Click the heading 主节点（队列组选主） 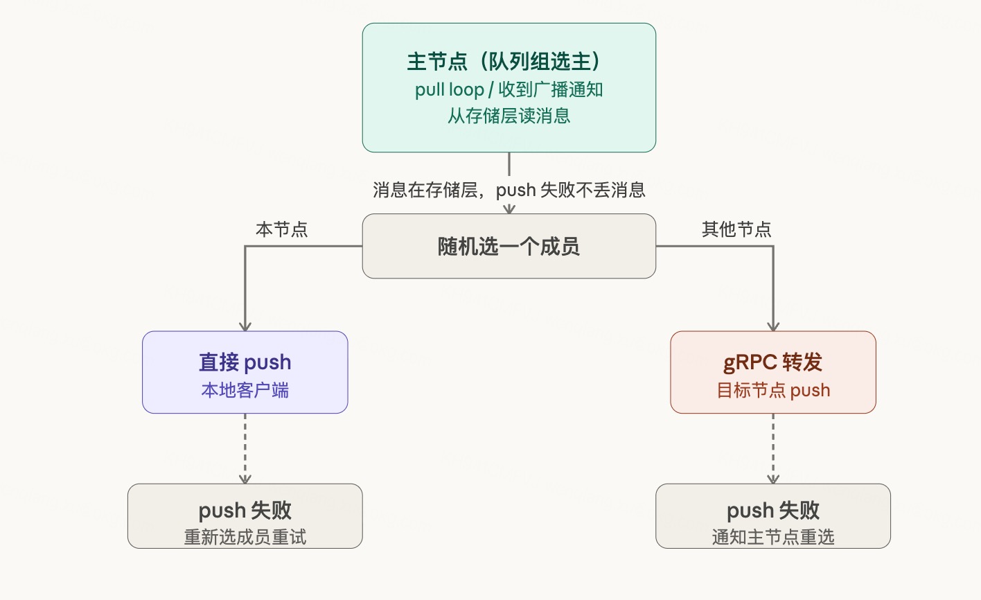pos(509,62)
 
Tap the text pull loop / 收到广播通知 pos(509,89)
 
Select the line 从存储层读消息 pos(509,116)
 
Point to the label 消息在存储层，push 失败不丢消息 pos(509,190)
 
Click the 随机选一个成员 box pos(509,246)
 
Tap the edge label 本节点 pos(281,229)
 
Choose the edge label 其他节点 pos(736,229)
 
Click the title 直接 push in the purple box pos(245,362)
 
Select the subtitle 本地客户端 pos(245,390)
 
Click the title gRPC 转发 pos(772,362)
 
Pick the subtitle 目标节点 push pos(772,390)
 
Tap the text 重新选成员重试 pos(245,537)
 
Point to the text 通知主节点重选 pos(772,537)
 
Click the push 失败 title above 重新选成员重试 pos(245,511)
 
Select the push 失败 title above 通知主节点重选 pos(772,511)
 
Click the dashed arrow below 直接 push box pos(245,448)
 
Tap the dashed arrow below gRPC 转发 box pos(773,448)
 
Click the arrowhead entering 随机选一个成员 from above pos(509,209)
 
